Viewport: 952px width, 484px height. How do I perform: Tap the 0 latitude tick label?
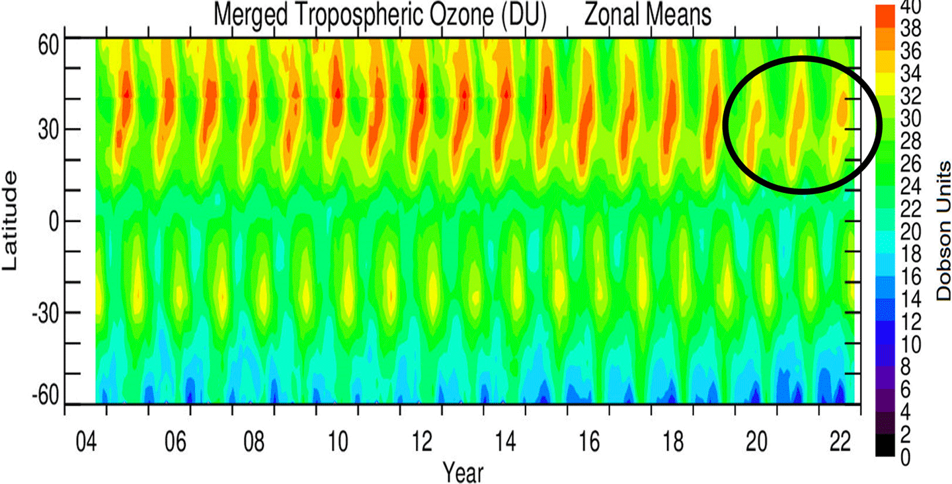[48, 221]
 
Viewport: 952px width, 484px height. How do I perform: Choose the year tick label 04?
[85, 441]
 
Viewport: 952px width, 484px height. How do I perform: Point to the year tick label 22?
[840, 441]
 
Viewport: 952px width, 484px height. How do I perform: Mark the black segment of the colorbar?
[886, 448]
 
